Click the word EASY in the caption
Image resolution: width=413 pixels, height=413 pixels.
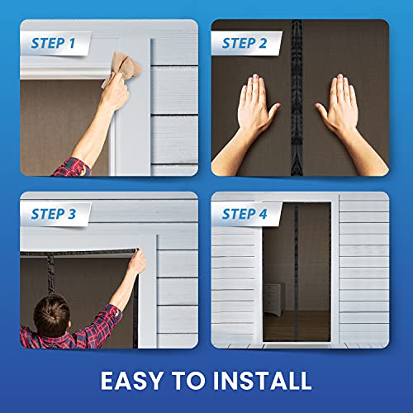pos(136,380)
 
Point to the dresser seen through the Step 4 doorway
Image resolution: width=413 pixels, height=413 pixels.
pos(273,293)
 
